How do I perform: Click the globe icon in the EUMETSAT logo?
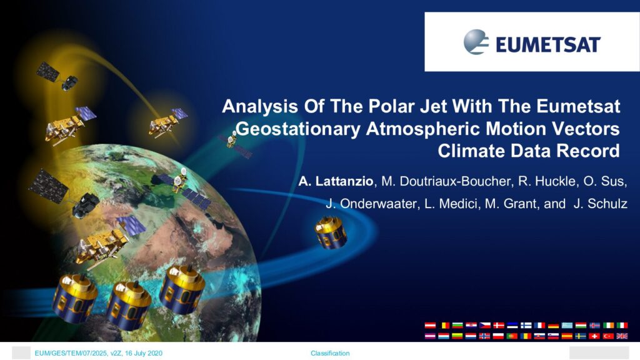pos(476,42)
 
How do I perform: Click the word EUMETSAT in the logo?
pos(548,44)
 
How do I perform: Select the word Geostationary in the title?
pos(298,129)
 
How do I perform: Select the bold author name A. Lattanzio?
pos(336,181)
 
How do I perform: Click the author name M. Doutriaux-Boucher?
pos(446,181)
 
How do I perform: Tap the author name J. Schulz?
pos(601,203)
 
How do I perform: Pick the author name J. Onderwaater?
pos(371,203)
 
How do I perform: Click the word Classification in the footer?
pos(330,353)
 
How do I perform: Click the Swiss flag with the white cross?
pos(594,336)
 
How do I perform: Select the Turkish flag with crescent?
pos(608,336)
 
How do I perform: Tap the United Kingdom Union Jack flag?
pos(622,336)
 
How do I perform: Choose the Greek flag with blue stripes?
pos(567,325)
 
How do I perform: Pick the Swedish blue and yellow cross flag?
pos(581,336)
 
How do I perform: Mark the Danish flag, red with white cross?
pos(498,325)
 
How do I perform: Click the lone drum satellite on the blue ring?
pos(331,232)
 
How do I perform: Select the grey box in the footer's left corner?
pos(21,352)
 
